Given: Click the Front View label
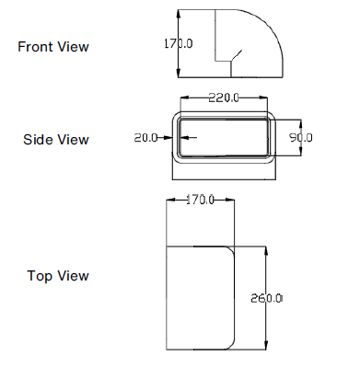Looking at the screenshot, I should click(54, 47).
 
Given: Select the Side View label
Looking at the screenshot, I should click(56, 140).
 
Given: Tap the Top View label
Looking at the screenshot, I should click(58, 275).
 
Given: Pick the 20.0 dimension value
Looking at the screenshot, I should click(147, 137).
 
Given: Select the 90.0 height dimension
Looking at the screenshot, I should click(301, 137).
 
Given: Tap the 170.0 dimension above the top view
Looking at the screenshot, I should click(200, 200).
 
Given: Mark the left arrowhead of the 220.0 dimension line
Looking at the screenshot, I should click(183, 97).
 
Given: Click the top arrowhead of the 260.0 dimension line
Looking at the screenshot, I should click(265, 248).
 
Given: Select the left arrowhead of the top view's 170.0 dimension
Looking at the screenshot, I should click(168, 201).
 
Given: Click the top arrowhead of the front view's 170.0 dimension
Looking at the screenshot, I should click(178, 11).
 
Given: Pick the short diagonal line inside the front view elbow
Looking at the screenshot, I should click(237, 56).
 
